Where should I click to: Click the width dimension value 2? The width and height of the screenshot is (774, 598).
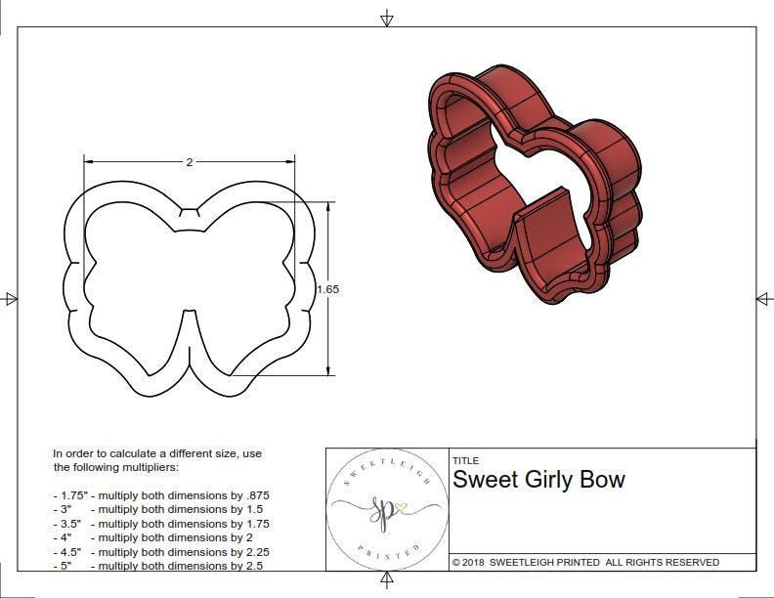pos(189,162)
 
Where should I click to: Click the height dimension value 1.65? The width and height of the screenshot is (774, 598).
pos(328,289)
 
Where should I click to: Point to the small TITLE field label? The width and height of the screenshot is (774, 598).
pos(465,461)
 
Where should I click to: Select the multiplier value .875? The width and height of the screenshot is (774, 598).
pos(256,496)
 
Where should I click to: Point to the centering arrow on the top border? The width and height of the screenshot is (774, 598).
pos(387,18)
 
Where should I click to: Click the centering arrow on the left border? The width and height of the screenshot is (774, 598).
pos(11,299)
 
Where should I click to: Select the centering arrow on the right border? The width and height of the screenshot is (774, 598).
pos(763,298)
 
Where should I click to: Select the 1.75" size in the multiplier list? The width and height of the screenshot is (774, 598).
pos(70,496)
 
